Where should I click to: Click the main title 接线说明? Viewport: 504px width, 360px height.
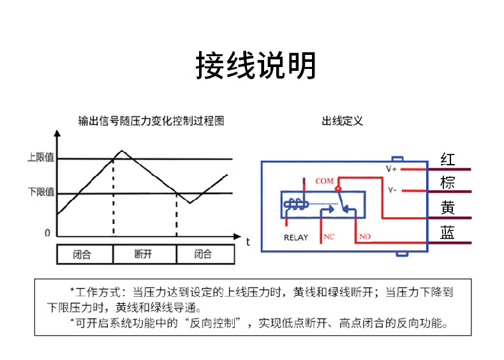(256, 65)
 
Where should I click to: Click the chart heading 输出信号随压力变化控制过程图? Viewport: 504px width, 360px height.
(151, 121)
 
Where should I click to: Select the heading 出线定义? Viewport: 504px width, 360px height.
(343, 121)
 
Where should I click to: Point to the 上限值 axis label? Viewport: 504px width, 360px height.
(41, 157)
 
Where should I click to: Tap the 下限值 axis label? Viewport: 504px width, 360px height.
(41, 192)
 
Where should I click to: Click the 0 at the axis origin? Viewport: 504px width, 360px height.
(48, 232)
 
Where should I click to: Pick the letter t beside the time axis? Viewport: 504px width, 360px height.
(248, 242)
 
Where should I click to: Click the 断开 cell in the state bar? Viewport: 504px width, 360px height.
(143, 254)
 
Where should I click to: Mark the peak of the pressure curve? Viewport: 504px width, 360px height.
(122, 151)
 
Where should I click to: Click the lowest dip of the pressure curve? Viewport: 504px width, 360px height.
(190, 203)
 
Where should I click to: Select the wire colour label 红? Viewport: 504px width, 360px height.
(448, 160)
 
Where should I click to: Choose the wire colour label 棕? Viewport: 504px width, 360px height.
(448, 183)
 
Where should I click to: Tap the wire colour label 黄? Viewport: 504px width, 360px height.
(448, 207)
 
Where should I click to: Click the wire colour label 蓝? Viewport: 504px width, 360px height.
(448, 232)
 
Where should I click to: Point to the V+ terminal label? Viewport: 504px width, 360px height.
(391, 169)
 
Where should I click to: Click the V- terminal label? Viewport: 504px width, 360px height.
(392, 190)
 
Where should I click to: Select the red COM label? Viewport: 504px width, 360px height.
(324, 181)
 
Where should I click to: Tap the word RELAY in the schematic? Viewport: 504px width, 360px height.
(296, 237)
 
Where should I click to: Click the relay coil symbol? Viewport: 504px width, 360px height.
(296, 204)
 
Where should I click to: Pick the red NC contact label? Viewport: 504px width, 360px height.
(329, 237)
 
